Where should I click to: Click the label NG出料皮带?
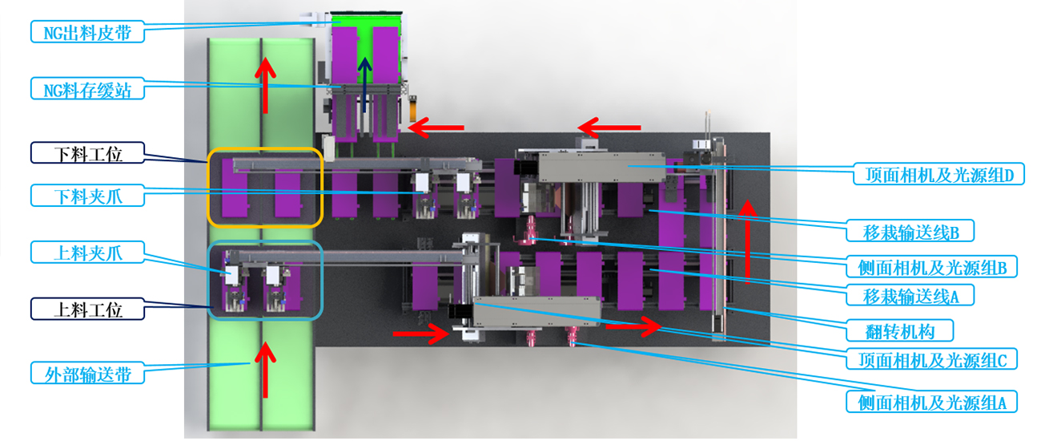[x=87, y=32]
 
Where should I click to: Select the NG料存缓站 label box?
[x=87, y=89]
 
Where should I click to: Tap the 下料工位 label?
[x=87, y=153]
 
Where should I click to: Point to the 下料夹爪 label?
[x=87, y=196]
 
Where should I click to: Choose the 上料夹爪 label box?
[x=87, y=253]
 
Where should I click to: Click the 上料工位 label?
[x=87, y=309]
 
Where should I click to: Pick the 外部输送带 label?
[x=87, y=374]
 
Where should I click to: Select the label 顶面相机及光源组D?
[x=939, y=174]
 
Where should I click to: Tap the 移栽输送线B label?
[x=910, y=231]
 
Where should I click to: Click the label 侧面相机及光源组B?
[x=931, y=267]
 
